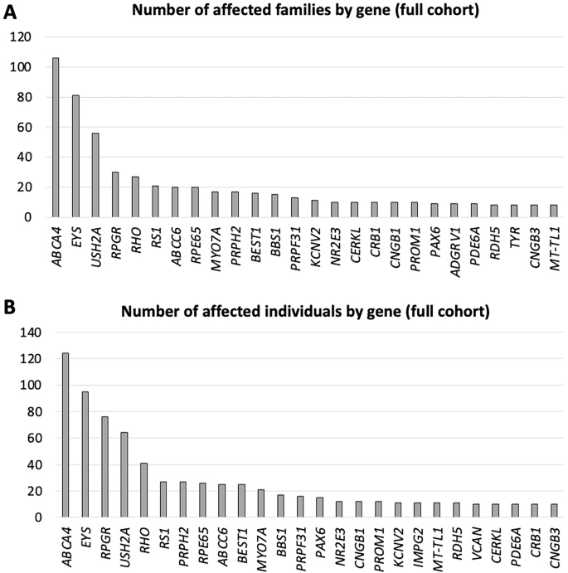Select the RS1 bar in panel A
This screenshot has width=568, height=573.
155,202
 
